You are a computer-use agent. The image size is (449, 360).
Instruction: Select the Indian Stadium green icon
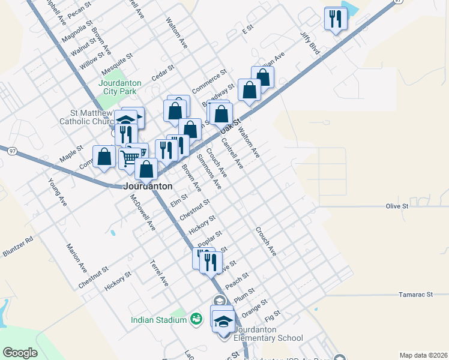coord(196,319)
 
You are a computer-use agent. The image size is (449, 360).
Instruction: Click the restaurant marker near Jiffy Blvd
coord(334,19)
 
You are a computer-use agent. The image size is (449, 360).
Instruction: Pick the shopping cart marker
coord(131,158)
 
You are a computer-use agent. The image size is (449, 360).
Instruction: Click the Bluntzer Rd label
coord(17,246)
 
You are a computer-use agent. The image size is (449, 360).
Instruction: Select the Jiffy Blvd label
coord(310,44)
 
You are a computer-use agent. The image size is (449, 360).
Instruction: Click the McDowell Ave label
coord(143,213)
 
